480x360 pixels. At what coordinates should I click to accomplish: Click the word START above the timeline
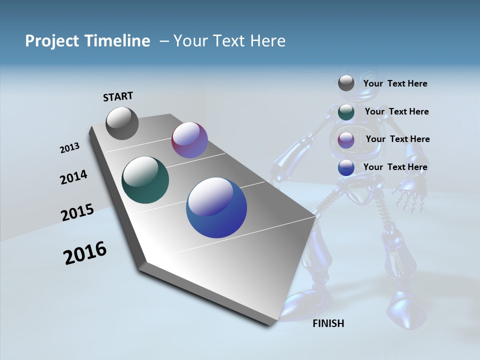(x=118, y=96)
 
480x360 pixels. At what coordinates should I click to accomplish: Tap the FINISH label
(x=328, y=323)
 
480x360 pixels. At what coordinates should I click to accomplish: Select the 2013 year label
(x=69, y=148)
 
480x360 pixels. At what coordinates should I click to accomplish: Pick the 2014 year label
(x=73, y=177)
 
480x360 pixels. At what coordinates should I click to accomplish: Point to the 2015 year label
(x=77, y=212)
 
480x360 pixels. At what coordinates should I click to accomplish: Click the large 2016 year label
(x=85, y=253)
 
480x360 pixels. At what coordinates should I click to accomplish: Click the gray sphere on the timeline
(x=122, y=123)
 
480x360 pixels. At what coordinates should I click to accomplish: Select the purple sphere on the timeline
(x=189, y=140)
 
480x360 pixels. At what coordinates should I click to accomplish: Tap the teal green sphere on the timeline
(x=145, y=180)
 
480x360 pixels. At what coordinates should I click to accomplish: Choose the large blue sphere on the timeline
(x=216, y=207)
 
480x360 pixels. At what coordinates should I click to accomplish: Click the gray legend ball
(x=346, y=83)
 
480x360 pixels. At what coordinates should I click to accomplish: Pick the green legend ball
(x=346, y=112)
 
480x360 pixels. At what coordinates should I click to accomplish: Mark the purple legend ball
(x=346, y=140)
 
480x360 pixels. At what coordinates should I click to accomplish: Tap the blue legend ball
(x=346, y=167)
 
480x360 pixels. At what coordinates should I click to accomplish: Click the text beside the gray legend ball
(x=395, y=83)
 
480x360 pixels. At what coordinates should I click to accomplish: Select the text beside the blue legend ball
(x=395, y=167)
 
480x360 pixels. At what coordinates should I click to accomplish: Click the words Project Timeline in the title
(x=87, y=41)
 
